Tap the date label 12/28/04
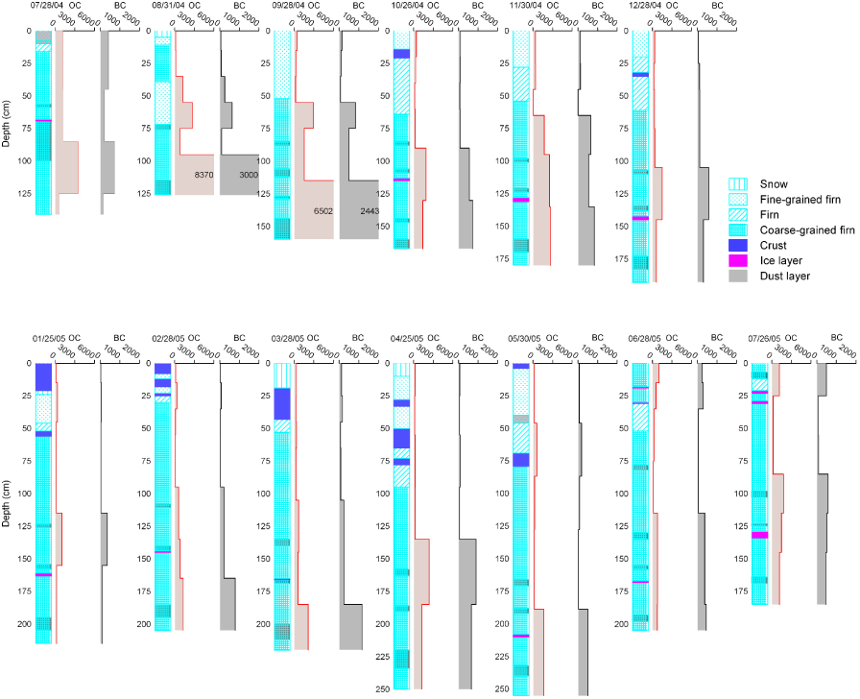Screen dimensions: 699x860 [647, 6]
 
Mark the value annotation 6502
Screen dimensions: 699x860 [322, 210]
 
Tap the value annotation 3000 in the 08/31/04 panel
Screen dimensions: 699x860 [248, 175]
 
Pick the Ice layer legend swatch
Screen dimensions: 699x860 [739, 260]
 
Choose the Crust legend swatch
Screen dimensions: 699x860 [739, 245]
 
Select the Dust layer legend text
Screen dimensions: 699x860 [784, 276]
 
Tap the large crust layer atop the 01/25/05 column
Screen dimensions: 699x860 [43, 377]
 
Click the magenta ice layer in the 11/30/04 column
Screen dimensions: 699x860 [520, 200]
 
